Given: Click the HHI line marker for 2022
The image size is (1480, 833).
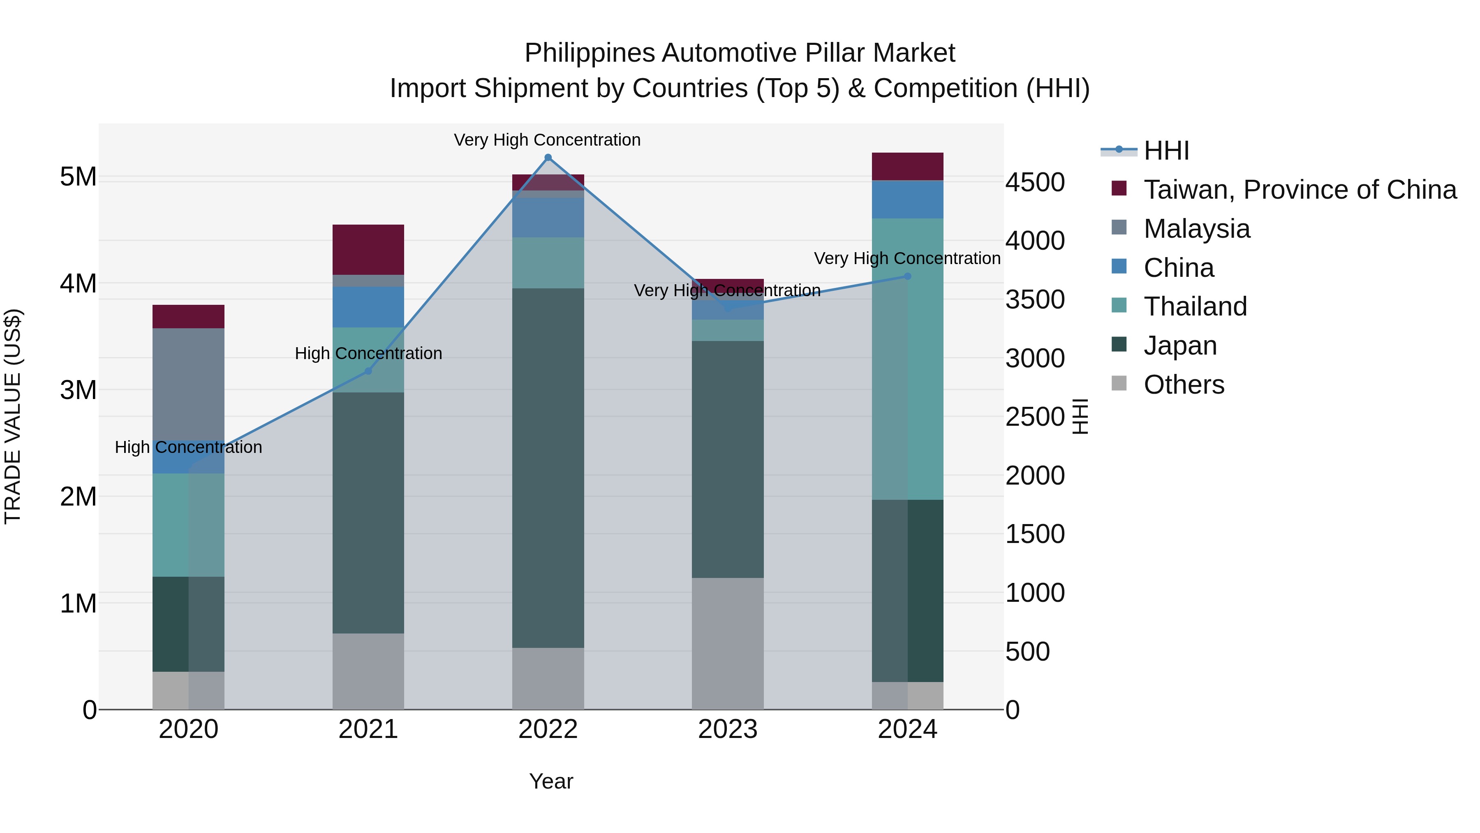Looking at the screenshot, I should pos(548,158).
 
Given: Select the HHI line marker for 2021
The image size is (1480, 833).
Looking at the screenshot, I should pos(368,371).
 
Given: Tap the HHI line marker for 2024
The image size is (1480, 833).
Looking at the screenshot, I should pos(907,276).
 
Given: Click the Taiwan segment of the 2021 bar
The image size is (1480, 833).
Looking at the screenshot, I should pos(368,250).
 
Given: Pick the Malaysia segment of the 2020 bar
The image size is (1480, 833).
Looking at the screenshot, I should pos(188,384).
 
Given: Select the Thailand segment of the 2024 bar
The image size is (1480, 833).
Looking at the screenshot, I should pos(907,359).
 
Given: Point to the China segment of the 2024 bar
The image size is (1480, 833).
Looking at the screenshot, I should pos(907,200).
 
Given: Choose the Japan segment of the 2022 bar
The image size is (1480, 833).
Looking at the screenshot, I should pos(548,468).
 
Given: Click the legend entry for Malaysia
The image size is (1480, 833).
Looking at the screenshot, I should pos(1196,229).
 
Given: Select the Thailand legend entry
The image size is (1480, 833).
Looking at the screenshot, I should pos(1195,306).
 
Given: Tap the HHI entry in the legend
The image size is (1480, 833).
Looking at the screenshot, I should pos(1166,151).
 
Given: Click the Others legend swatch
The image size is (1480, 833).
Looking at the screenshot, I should pos(1119,383).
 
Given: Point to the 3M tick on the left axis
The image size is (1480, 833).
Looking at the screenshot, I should pos(79,390).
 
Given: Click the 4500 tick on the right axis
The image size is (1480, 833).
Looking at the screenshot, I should pos(1035,182).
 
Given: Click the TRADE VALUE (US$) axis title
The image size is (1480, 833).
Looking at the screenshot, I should pos(13,416).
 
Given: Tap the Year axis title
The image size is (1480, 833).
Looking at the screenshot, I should pos(551,781).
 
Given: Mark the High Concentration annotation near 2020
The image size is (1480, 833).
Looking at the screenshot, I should pos(188,447).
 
